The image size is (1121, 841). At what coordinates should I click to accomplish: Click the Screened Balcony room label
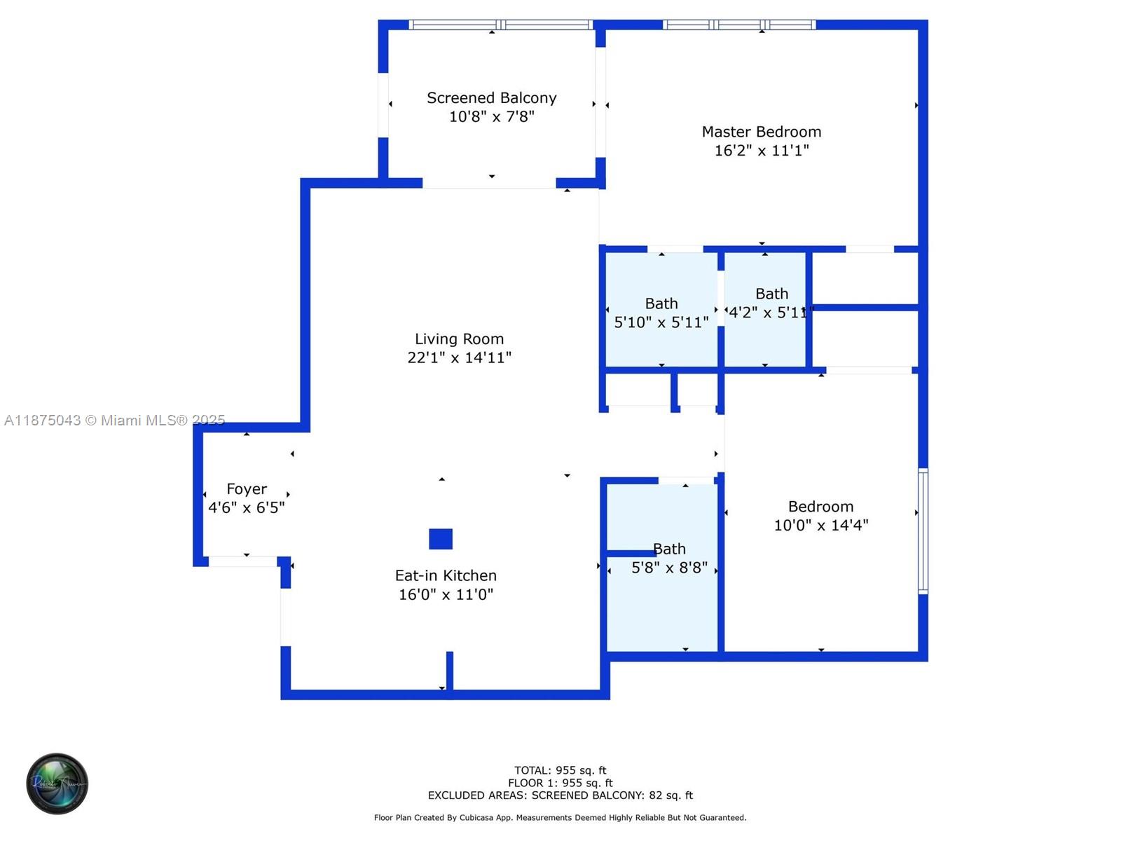pyautogui.click(x=491, y=98)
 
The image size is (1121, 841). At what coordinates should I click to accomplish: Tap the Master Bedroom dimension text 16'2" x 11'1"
pyautogui.click(x=762, y=151)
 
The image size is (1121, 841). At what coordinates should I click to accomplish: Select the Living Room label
pyautogui.click(x=459, y=339)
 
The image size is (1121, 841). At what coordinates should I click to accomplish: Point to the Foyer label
pyautogui.click(x=247, y=489)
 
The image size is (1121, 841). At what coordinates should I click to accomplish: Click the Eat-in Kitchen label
pyautogui.click(x=446, y=575)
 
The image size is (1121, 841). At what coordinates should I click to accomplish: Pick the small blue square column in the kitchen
pyautogui.click(x=441, y=539)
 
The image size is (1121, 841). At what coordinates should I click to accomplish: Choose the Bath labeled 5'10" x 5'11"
pyautogui.click(x=661, y=313)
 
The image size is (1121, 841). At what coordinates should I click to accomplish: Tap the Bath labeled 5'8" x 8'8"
pyautogui.click(x=669, y=559)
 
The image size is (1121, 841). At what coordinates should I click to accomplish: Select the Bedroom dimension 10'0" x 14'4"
pyautogui.click(x=821, y=526)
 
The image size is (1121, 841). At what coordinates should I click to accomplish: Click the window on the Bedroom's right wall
pyautogui.click(x=923, y=531)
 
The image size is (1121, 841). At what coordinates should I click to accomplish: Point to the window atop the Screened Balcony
pyautogui.click(x=500, y=25)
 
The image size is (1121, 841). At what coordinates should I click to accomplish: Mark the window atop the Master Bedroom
pyautogui.click(x=739, y=25)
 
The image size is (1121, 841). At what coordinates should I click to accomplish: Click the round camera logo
pyautogui.click(x=57, y=784)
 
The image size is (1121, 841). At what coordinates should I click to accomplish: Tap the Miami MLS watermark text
pyautogui.click(x=114, y=420)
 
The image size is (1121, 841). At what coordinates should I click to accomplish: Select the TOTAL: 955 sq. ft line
pyautogui.click(x=560, y=770)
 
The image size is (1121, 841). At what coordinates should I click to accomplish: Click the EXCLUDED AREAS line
pyautogui.click(x=560, y=795)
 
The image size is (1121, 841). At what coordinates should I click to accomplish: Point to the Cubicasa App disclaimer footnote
pyautogui.click(x=560, y=818)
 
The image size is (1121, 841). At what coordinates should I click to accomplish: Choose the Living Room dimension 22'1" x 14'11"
pyautogui.click(x=459, y=358)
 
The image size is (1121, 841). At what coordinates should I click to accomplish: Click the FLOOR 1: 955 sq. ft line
pyautogui.click(x=560, y=783)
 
